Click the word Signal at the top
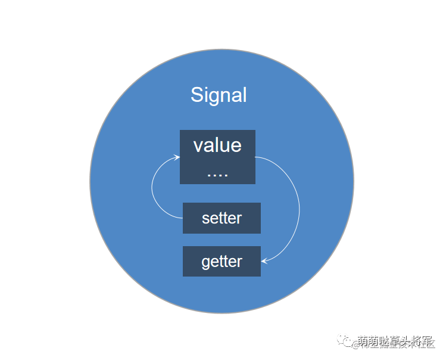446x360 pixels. click(219, 95)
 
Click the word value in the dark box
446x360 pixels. click(217, 145)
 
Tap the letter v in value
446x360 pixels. click(198, 146)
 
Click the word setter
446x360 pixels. click(222, 218)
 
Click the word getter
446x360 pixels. click(222, 262)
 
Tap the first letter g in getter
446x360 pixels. click(206, 263)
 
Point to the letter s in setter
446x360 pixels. click(205, 219)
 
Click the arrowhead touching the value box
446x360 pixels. click(177, 157)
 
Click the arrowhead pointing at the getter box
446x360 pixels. click(264, 260)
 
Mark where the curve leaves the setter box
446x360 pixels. click(182, 218)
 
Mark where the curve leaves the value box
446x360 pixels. click(257, 157)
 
